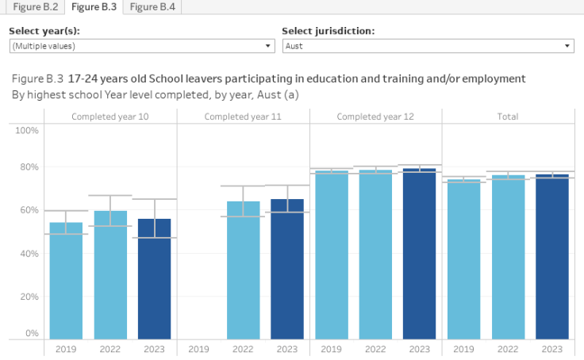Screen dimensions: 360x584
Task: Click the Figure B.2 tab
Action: [x=33, y=7]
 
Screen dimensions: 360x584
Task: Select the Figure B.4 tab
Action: [x=152, y=7]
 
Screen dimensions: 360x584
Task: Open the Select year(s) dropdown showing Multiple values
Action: [x=141, y=46]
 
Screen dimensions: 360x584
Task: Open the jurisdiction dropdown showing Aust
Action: [x=428, y=46]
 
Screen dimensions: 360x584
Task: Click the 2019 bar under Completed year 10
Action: [x=66, y=281]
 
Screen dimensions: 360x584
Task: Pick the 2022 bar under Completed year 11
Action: [x=243, y=270]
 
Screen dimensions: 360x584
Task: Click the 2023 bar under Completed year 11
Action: [x=287, y=269]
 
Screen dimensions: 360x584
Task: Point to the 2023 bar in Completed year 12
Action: [x=420, y=254]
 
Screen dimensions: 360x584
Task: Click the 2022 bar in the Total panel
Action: [x=508, y=257]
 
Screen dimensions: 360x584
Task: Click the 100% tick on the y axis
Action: [x=28, y=130]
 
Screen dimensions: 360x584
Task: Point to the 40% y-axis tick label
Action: [x=29, y=254]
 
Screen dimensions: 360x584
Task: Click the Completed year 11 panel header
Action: [x=243, y=117]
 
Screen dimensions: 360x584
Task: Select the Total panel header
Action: [x=508, y=117]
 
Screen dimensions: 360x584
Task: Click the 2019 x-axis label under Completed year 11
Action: [x=198, y=348]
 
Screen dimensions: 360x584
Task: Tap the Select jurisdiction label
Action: [x=328, y=32]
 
